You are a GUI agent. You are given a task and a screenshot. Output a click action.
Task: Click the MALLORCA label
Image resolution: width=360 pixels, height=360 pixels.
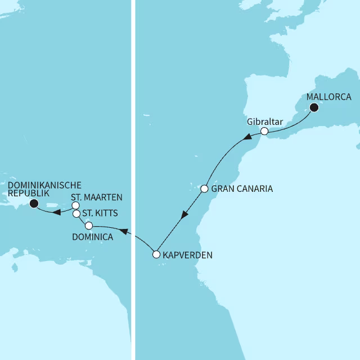coord(328,96)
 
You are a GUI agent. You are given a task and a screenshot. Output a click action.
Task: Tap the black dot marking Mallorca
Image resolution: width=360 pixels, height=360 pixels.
coord(314,107)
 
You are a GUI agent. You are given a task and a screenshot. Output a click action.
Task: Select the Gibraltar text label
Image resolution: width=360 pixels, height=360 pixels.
coord(264,121)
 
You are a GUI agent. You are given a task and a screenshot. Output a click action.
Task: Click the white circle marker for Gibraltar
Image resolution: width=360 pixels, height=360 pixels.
coord(264,132)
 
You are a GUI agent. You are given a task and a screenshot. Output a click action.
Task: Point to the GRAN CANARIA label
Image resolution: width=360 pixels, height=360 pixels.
coord(242,189)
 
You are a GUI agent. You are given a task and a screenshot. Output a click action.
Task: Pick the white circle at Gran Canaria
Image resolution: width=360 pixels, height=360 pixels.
coord(205,189)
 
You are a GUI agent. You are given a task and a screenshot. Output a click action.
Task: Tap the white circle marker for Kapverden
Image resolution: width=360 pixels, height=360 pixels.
coord(157,255)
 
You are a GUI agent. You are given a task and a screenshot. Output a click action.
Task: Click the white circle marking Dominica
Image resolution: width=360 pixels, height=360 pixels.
coord(89,226)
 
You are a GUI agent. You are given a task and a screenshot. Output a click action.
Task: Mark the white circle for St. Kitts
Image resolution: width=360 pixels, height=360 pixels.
coord(76,214)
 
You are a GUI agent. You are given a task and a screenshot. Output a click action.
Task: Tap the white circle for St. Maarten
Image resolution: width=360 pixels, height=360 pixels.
coord(75,206)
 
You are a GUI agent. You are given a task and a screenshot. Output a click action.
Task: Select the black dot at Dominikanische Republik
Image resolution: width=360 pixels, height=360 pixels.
coord(33,204)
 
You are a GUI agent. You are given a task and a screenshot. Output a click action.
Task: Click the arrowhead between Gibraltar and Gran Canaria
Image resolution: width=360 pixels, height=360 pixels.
coord(246,138)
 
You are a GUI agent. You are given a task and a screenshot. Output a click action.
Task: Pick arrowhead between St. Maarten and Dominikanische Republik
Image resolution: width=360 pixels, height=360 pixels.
coord(57,213)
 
